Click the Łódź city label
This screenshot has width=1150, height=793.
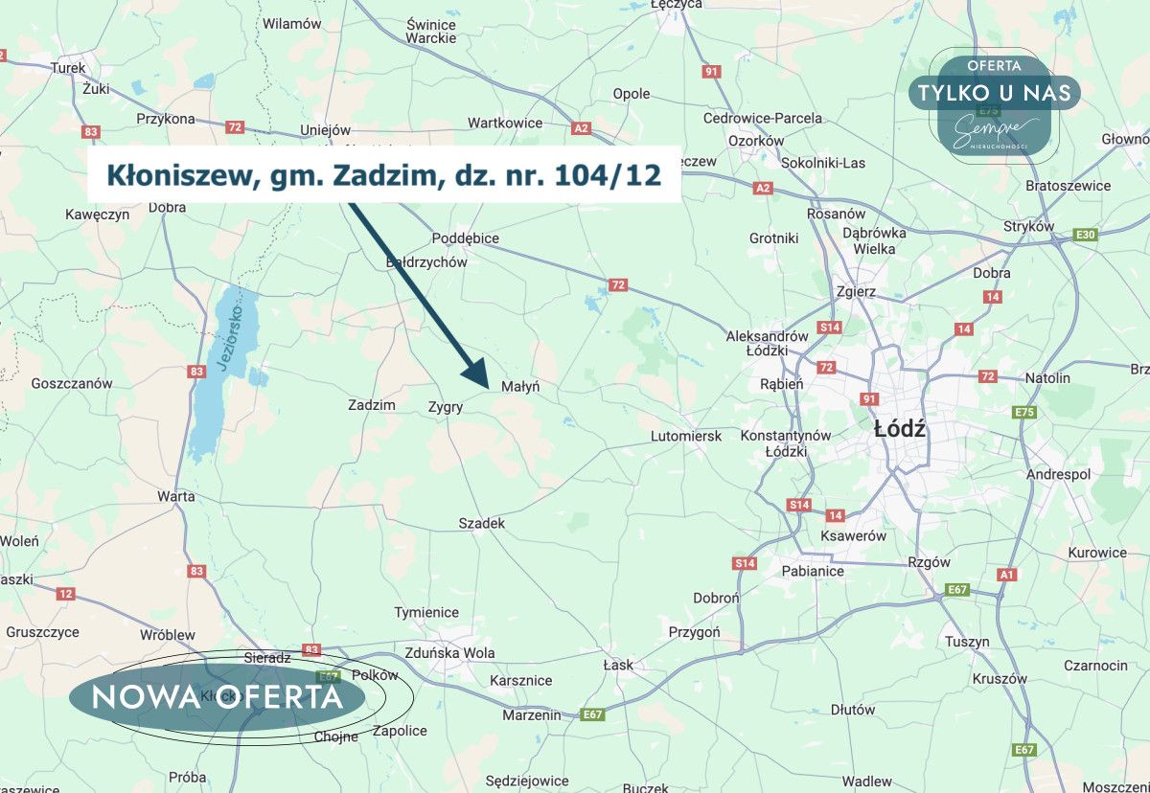(900, 429)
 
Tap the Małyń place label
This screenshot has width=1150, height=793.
(521, 386)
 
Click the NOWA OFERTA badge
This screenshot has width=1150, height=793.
(218, 696)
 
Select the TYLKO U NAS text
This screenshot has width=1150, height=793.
(994, 93)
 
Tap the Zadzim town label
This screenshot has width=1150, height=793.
(372, 405)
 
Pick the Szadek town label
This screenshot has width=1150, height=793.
(481, 523)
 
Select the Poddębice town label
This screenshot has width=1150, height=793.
(465, 238)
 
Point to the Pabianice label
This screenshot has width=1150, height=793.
(814, 571)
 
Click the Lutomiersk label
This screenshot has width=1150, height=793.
(685, 436)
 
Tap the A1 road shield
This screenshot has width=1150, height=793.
(1005, 575)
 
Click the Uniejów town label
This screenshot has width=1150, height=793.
(326, 129)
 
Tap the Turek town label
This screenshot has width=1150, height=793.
(68, 68)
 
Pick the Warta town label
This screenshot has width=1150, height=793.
(176, 496)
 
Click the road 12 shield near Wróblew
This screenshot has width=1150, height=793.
(65, 594)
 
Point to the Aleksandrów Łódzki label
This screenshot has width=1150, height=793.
(768, 343)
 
